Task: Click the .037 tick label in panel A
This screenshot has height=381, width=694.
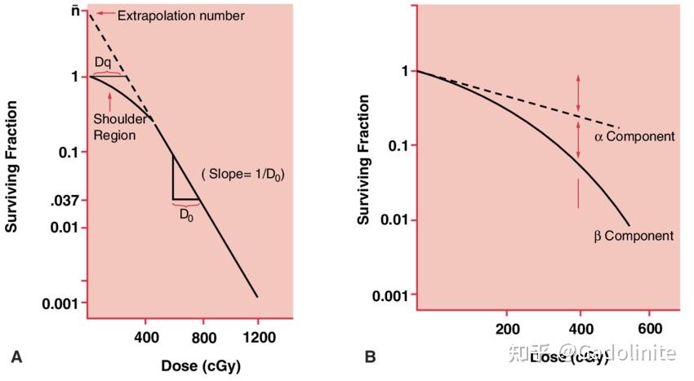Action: (64, 200)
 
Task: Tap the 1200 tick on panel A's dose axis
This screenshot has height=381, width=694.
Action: (257, 336)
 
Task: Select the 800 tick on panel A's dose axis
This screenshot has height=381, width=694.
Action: (202, 336)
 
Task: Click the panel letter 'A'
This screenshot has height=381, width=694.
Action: (16, 356)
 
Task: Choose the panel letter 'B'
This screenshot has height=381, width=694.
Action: (370, 357)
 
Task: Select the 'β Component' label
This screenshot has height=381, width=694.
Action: (634, 236)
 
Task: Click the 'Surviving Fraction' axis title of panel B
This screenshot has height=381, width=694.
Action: (363, 160)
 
